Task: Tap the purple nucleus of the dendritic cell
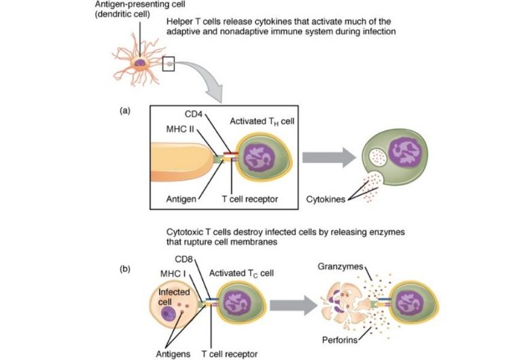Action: click(x=140, y=63)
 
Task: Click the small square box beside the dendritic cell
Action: click(x=169, y=64)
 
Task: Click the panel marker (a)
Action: click(x=124, y=109)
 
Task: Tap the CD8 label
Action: click(x=184, y=259)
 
